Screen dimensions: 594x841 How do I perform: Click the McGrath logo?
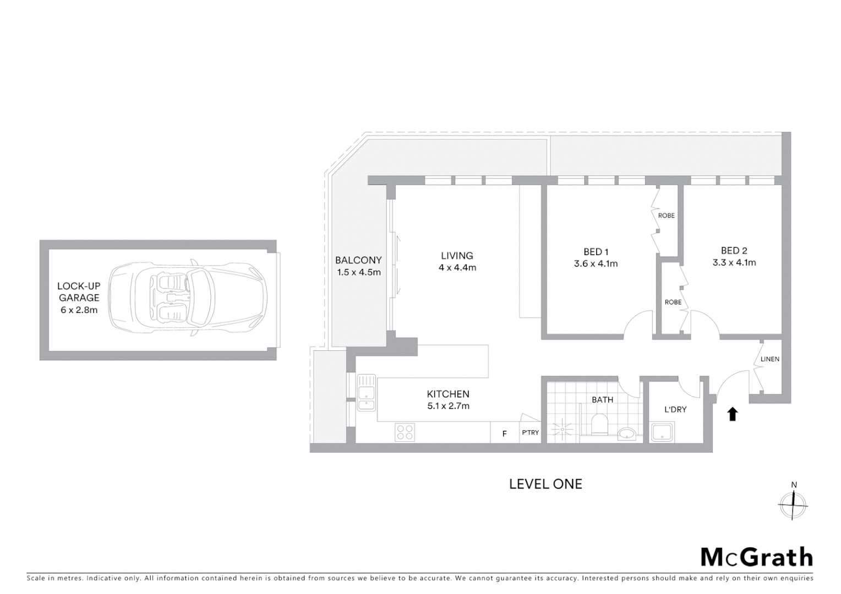pos(756,557)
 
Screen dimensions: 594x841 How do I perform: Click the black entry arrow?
pos(732,414)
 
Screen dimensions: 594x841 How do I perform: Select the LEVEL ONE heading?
pos(545,484)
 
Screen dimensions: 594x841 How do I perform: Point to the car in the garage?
pos(188,298)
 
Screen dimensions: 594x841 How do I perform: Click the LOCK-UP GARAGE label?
pos(79,298)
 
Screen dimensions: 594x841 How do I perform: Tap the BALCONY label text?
pos(358,260)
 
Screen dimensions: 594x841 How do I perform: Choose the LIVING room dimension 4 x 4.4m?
pos(457,268)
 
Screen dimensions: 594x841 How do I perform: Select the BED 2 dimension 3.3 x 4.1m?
pos(734,263)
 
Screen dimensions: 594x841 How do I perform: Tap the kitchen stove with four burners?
pos(405,432)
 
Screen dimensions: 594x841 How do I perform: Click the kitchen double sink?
pos(366,393)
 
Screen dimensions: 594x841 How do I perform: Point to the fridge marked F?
pos(504,434)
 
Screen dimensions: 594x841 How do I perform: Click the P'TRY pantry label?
pos(531,433)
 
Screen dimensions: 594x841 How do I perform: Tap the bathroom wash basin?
pos(626,434)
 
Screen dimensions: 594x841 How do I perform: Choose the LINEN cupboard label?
pos(769,359)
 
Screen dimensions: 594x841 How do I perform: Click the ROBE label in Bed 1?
pos(666,216)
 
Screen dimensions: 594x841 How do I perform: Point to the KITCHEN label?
pos(448,394)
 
